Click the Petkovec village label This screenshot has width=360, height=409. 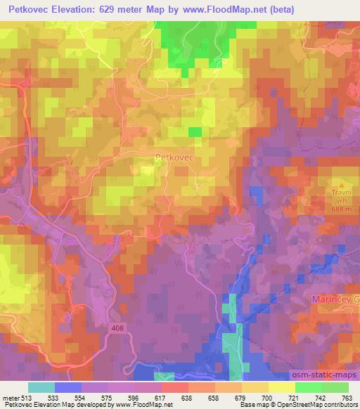pyautogui.click(x=174, y=158)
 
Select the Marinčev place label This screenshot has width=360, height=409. pyautogui.click(x=335, y=299)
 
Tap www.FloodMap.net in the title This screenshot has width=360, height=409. pyautogui.click(x=219, y=9)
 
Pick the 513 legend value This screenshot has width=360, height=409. pyautogui.click(x=26, y=397)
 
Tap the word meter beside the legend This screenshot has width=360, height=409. pyautogui.click(x=9, y=397)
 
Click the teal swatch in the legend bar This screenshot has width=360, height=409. pyautogui.click(x=41, y=387)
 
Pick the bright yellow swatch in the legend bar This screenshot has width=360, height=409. pyautogui.click(x=282, y=387)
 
